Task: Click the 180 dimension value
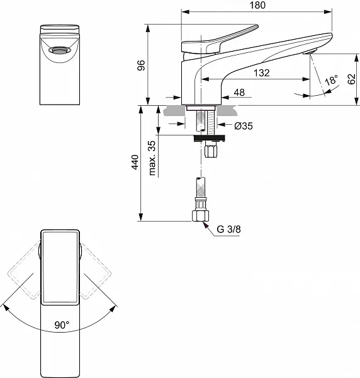coord(257,5)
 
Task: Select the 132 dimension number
coord(262,73)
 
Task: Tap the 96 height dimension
coord(141,66)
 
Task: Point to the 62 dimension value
coord(352,79)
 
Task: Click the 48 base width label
coord(239,93)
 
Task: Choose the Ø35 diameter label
coord(244,126)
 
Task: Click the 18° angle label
coord(332,80)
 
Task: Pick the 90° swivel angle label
coord(62,325)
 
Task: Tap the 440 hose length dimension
coord(135,163)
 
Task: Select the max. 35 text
coord(152,158)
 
